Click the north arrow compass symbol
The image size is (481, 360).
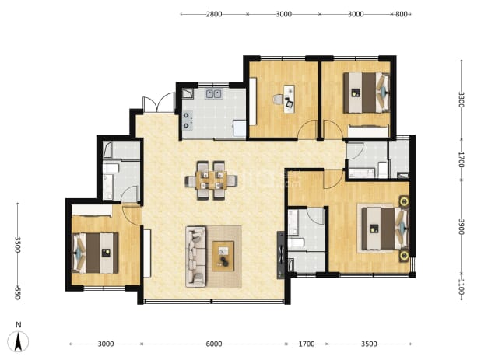click(x=18, y=341)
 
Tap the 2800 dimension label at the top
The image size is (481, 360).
click(x=214, y=14)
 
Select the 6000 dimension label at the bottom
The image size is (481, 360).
click(x=214, y=344)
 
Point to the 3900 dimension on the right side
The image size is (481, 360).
click(x=461, y=227)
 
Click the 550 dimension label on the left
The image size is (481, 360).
click(x=17, y=293)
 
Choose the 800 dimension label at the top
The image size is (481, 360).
click(x=402, y=14)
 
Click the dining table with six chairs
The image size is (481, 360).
click(x=211, y=180)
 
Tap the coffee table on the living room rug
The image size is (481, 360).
click(x=223, y=256)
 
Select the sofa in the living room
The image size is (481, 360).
click(x=195, y=257)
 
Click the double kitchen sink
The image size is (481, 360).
click(x=214, y=93)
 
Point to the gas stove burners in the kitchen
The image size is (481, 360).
click(x=187, y=120)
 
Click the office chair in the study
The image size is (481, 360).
click(x=279, y=100)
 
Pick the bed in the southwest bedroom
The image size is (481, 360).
click(x=95, y=253)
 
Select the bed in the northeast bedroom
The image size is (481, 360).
click(x=367, y=93)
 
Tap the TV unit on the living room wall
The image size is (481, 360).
click(x=281, y=255)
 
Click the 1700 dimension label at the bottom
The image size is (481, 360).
click(x=307, y=344)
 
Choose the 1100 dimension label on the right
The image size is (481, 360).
click(x=461, y=287)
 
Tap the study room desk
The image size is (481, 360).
click(x=289, y=99)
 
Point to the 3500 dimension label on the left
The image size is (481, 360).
click(x=17, y=244)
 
